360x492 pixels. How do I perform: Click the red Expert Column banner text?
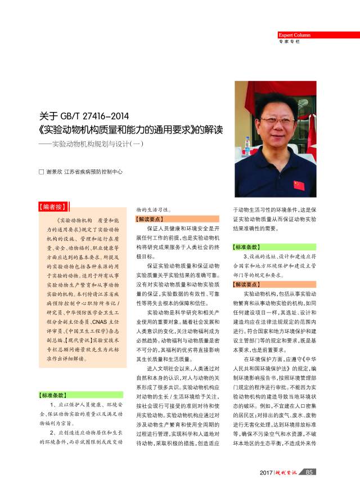tap(294, 35)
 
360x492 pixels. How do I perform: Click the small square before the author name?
tap(40, 171)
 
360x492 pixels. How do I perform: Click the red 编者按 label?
tap(53, 207)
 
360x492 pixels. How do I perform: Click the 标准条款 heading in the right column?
tap(247, 247)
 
